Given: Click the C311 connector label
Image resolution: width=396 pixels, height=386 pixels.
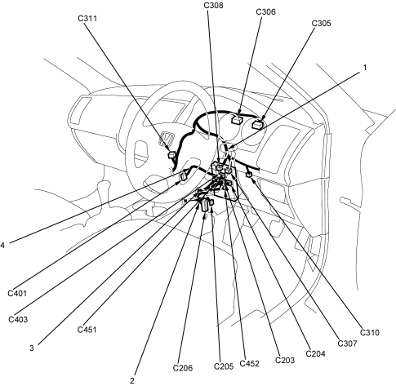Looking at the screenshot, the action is click(x=87, y=18).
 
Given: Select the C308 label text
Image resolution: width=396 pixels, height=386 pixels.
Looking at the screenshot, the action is click(x=213, y=5).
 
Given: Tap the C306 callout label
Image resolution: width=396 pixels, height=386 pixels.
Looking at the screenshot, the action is click(x=265, y=11).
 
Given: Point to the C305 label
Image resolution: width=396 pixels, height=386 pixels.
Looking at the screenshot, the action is click(x=321, y=23).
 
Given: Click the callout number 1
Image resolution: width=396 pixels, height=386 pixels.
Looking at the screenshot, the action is click(x=365, y=67).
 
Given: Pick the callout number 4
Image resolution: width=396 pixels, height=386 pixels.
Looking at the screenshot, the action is click(x=2, y=246).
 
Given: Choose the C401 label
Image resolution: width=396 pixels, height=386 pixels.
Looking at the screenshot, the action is click(x=17, y=293).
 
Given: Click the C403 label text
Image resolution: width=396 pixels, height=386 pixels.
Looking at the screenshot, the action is click(x=18, y=319).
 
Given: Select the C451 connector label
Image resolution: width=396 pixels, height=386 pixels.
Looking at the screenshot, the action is click(x=87, y=330).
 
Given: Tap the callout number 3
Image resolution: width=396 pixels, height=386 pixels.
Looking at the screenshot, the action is click(x=32, y=348).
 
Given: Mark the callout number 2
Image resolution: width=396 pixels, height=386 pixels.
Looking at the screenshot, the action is click(x=132, y=380).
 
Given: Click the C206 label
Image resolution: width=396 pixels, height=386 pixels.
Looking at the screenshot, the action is click(x=183, y=368).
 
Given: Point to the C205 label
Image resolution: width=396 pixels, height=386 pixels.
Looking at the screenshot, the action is click(x=224, y=366).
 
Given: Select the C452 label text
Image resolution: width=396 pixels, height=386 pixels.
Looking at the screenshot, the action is click(x=249, y=363).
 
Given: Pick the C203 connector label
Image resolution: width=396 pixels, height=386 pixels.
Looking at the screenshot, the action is click(x=285, y=360).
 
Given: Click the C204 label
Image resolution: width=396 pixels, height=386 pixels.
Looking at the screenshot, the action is click(x=315, y=353).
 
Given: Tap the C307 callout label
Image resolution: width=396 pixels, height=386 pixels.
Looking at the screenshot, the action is click(x=347, y=344).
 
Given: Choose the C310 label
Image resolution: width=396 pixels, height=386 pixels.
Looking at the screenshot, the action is click(x=370, y=332).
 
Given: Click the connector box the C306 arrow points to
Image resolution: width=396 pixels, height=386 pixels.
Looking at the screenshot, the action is click(x=238, y=119).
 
